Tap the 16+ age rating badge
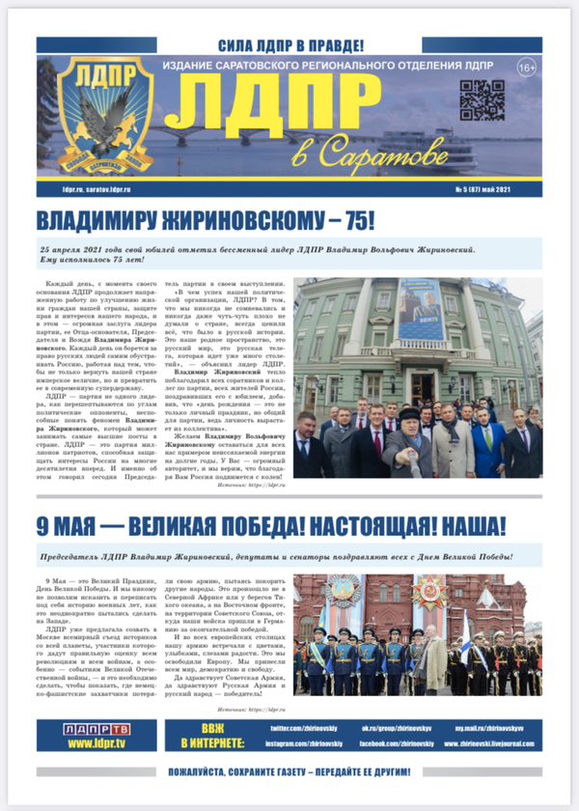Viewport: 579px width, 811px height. pos(527,68)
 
